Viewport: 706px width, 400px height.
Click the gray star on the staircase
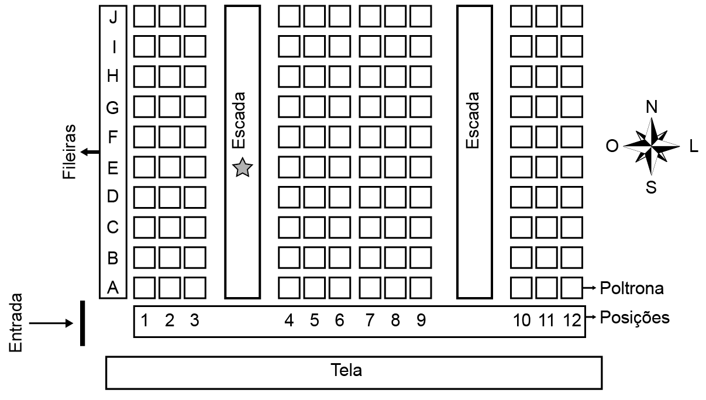pyautogui.click(x=242, y=167)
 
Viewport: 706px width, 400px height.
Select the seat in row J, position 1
pyautogui.click(x=144, y=16)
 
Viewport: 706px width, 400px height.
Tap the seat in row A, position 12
pyautogui.click(x=571, y=288)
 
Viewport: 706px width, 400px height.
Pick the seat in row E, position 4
pyautogui.click(x=289, y=167)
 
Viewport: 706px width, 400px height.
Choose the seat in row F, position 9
pyautogui.click(x=421, y=137)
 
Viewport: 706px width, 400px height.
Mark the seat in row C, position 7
pyautogui.click(x=370, y=227)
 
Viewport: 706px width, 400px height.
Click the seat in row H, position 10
pyautogui.click(x=521, y=77)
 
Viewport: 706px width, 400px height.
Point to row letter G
pyautogui.click(x=112, y=108)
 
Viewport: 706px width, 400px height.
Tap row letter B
pyautogui.click(x=113, y=258)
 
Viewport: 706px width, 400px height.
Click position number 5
pyautogui.click(x=314, y=320)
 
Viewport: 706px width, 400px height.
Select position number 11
pyautogui.click(x=546, y=320)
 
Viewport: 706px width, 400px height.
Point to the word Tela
pyautogui.click(x=346, y=370)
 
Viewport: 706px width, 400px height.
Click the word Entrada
pyautogui.click(x=16, y=323)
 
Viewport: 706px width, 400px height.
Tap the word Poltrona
pyautogui.click(x=632, y=288)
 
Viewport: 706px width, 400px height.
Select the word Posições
pyautogui.click(x=635, y=318)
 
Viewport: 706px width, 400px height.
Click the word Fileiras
pyautogui.click(x=70, y=152)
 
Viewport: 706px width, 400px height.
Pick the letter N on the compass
pyautogui.click(x=652, y=107)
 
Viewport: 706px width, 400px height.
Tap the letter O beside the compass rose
pyautogui.click(x=612, y=146)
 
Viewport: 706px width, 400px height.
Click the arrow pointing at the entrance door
pyautogui.click(x=51, y=323)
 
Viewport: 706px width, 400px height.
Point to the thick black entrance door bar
pyautogui.click(x=82, y=323)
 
